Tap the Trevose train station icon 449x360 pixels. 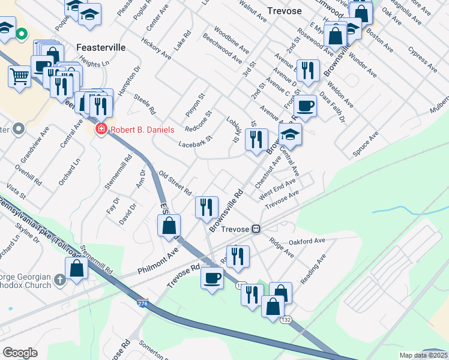tap(256, 229)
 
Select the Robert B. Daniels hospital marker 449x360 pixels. tap(101, 130)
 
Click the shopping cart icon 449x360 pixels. tap(20, 76)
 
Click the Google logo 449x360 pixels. tap(20, 352)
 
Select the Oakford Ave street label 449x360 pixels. tap(306, 241)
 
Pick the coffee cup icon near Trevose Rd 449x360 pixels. tap(212, 278)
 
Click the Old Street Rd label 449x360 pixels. tap(175, 183)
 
